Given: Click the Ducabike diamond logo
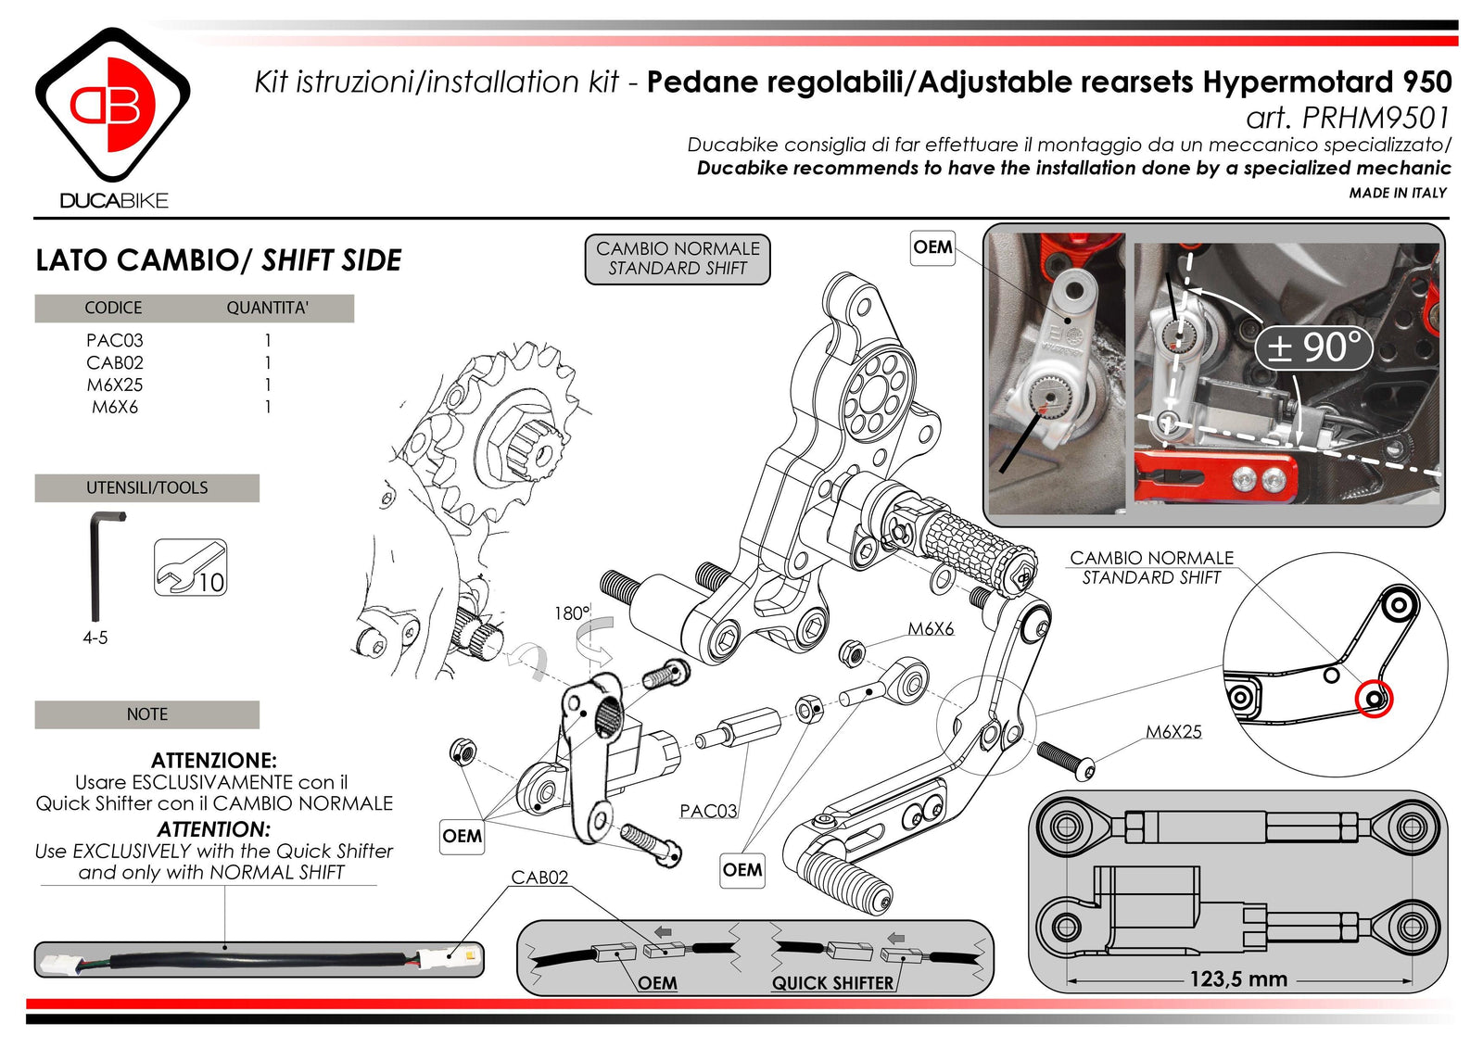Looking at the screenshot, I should tap(112, 105).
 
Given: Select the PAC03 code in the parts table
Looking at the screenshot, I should tap(114, 340).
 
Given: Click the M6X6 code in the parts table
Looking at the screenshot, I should tap(114, 407).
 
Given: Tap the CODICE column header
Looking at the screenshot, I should tap(113, 308).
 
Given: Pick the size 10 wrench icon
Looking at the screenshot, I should tap(190, 568).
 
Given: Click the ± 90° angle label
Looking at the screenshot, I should tap(1312, 347).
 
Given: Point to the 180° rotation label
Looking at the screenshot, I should tap(571, 612).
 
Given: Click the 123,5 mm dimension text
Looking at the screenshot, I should tap(1238, 979).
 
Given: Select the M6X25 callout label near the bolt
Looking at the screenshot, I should tap(1173, 731).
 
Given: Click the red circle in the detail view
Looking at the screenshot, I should tap(1374, 699).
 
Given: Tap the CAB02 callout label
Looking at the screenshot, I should tap(539, 877).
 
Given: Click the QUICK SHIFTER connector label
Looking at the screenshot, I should tap(832, 983).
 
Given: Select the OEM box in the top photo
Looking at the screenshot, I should tap(932, 247).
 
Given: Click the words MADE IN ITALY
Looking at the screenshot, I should tap(1397, 193).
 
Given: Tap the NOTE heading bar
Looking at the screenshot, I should tap(146, 714).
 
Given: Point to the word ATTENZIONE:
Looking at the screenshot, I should tap(213, 760).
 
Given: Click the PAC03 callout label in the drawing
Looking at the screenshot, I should tap(708, 811).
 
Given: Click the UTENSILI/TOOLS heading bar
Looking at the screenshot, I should tap(146, 487).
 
